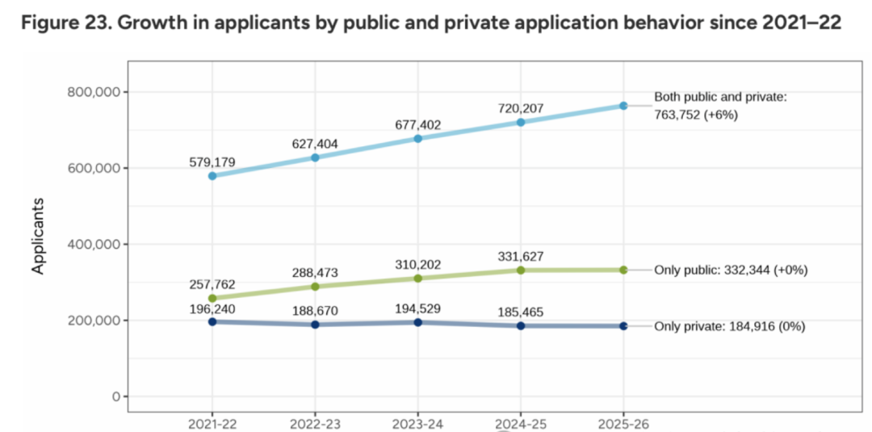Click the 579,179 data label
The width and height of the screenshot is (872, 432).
coord(212,162)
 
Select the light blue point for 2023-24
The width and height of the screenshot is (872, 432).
coord(417,139)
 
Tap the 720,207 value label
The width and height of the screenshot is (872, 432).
coord(521,107)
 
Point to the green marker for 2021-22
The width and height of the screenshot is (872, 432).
coord(212,298)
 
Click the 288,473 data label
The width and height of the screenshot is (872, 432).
coord(315,273)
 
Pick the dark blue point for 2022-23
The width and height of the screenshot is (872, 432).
coord(315,325)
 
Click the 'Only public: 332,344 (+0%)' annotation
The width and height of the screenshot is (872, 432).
coord(731,270)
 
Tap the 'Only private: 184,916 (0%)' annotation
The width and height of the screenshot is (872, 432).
coord(729,326)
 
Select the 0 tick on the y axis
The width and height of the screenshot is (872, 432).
coord(115,396)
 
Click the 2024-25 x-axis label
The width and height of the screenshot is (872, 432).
coord(521,423)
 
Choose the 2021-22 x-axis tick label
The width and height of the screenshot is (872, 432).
coord(212,423)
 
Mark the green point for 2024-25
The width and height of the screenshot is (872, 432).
coord(521,270)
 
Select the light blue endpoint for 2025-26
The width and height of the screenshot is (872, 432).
coord(623,106)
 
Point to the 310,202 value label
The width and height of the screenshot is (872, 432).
coord(417,263)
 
